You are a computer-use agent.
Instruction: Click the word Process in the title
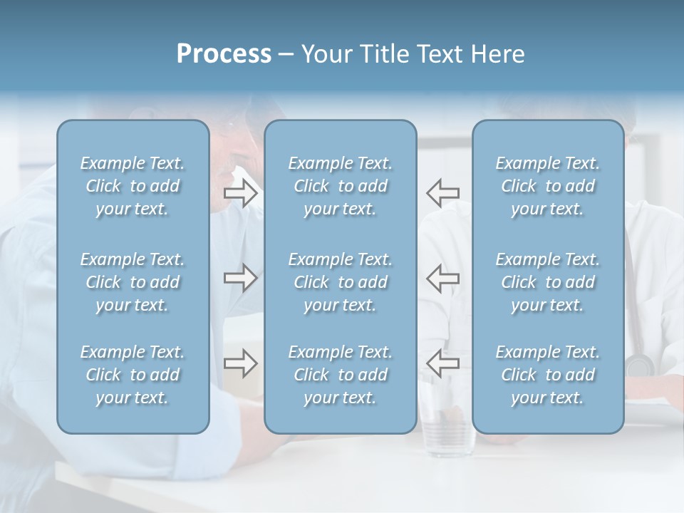(x=224, y=54)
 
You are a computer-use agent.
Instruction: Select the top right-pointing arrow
(x=240, y=193)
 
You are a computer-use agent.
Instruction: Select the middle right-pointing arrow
(x=240, y=277)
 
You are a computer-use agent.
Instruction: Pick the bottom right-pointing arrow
(x=240, y=363)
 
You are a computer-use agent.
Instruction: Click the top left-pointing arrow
(x=443, y=193)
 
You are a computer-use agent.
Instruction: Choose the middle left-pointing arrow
(x=443, y=277)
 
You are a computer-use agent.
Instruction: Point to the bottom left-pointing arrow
(x=443, y=363)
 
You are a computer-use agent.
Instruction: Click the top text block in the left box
(x=133, y=186)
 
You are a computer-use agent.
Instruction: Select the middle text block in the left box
(x=133, y=282)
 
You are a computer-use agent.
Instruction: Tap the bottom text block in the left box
(x=133, y=375)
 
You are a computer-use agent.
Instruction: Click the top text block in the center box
(x=340, y=186)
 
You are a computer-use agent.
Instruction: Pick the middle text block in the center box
(x=340, y=282)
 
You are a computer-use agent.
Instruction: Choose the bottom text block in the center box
(x=340, y=375)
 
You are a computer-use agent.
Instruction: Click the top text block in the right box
(x=547, y=186)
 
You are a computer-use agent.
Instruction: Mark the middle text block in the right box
(x=547, y=282)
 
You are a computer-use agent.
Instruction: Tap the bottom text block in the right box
(x=547, y=375)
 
